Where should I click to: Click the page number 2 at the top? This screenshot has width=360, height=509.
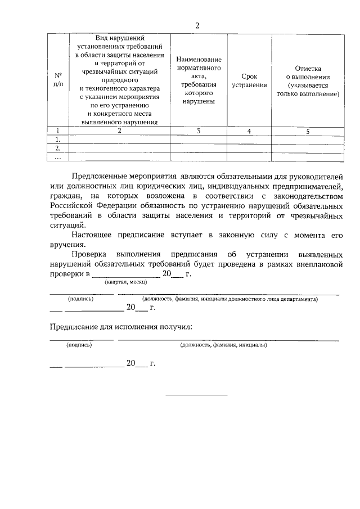tap(196, 25)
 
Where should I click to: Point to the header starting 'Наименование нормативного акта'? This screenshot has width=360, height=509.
tap(198, 80)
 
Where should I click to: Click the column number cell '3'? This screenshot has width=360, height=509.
tap(198, 131)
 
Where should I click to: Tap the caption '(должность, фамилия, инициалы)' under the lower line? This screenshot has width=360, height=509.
tap(223, 345)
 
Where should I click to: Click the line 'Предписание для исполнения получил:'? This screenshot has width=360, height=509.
tap(120, 326)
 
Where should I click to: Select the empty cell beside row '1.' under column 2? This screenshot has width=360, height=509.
tap(119, 139)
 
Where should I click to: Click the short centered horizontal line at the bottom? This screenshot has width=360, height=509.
tap(196, 394)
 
